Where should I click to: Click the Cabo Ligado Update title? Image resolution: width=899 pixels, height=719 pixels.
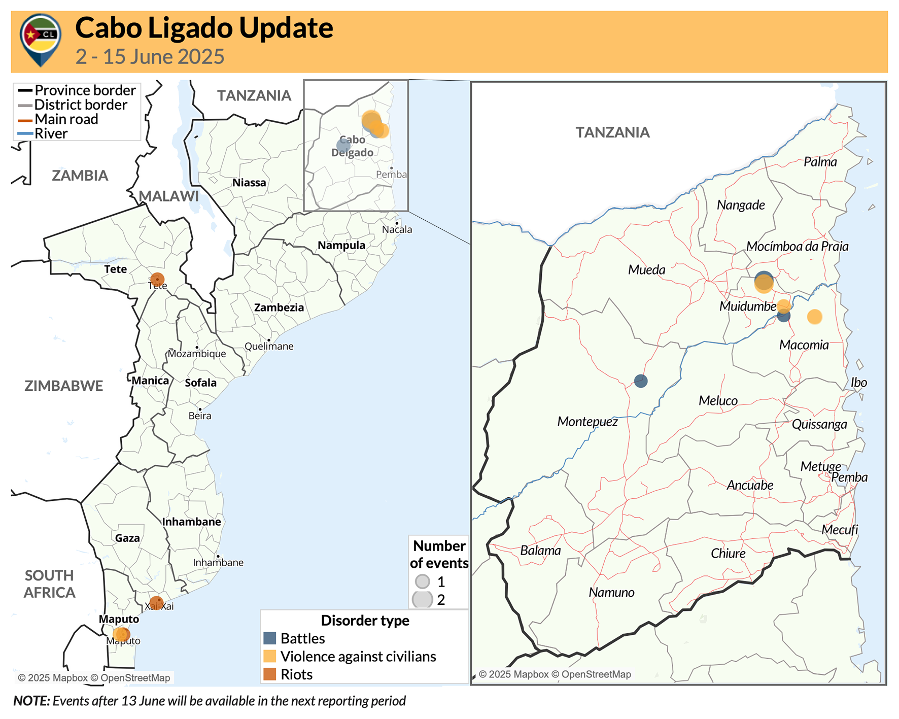[x=204, y=28]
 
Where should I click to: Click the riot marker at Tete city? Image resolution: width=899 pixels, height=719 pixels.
[x=157, y=279]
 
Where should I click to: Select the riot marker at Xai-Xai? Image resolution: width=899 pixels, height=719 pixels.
[x=156, y=603]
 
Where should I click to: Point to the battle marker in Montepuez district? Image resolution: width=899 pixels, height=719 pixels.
[x=641, y=381]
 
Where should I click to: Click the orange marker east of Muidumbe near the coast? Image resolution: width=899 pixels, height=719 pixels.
[x=814, y=317]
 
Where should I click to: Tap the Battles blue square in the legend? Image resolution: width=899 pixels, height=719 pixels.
[x=270, y=638]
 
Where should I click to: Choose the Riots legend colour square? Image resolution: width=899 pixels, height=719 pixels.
[x=270, y=674]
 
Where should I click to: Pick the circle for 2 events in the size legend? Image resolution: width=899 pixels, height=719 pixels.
[x=422, y=599]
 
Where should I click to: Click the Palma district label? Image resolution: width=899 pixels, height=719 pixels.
[x=820, y=162]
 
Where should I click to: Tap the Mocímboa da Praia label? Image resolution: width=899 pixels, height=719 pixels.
[x=797, y=247]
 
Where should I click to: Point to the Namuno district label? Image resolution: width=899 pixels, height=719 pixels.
[x=611, y=592]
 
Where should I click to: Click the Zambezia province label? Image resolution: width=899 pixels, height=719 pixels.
[x=279, y=307]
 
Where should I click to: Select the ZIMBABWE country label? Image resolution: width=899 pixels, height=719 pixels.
[x=63, y=386]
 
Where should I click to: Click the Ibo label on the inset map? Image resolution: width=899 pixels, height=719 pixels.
[x=858, y=383]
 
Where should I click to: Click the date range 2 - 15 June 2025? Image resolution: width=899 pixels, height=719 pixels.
[x=150, y=56]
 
